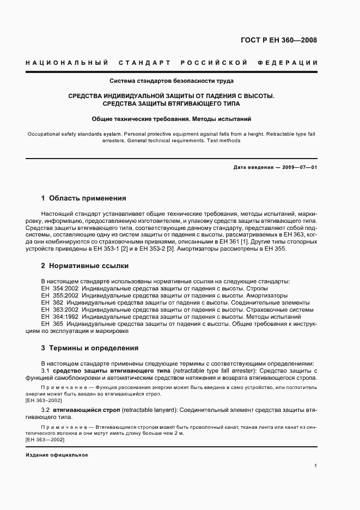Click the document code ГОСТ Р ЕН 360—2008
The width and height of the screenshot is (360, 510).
[279, 40]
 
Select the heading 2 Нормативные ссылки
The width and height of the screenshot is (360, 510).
[84, 266]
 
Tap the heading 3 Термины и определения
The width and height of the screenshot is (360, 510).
[89, 348]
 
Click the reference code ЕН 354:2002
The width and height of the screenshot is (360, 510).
[57, 288]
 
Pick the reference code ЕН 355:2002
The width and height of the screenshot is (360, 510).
[57, 295]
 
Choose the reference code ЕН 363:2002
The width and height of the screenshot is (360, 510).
[57, 309]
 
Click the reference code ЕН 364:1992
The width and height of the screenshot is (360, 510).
[57, 317]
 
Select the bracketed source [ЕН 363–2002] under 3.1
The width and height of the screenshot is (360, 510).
[44, 400]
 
